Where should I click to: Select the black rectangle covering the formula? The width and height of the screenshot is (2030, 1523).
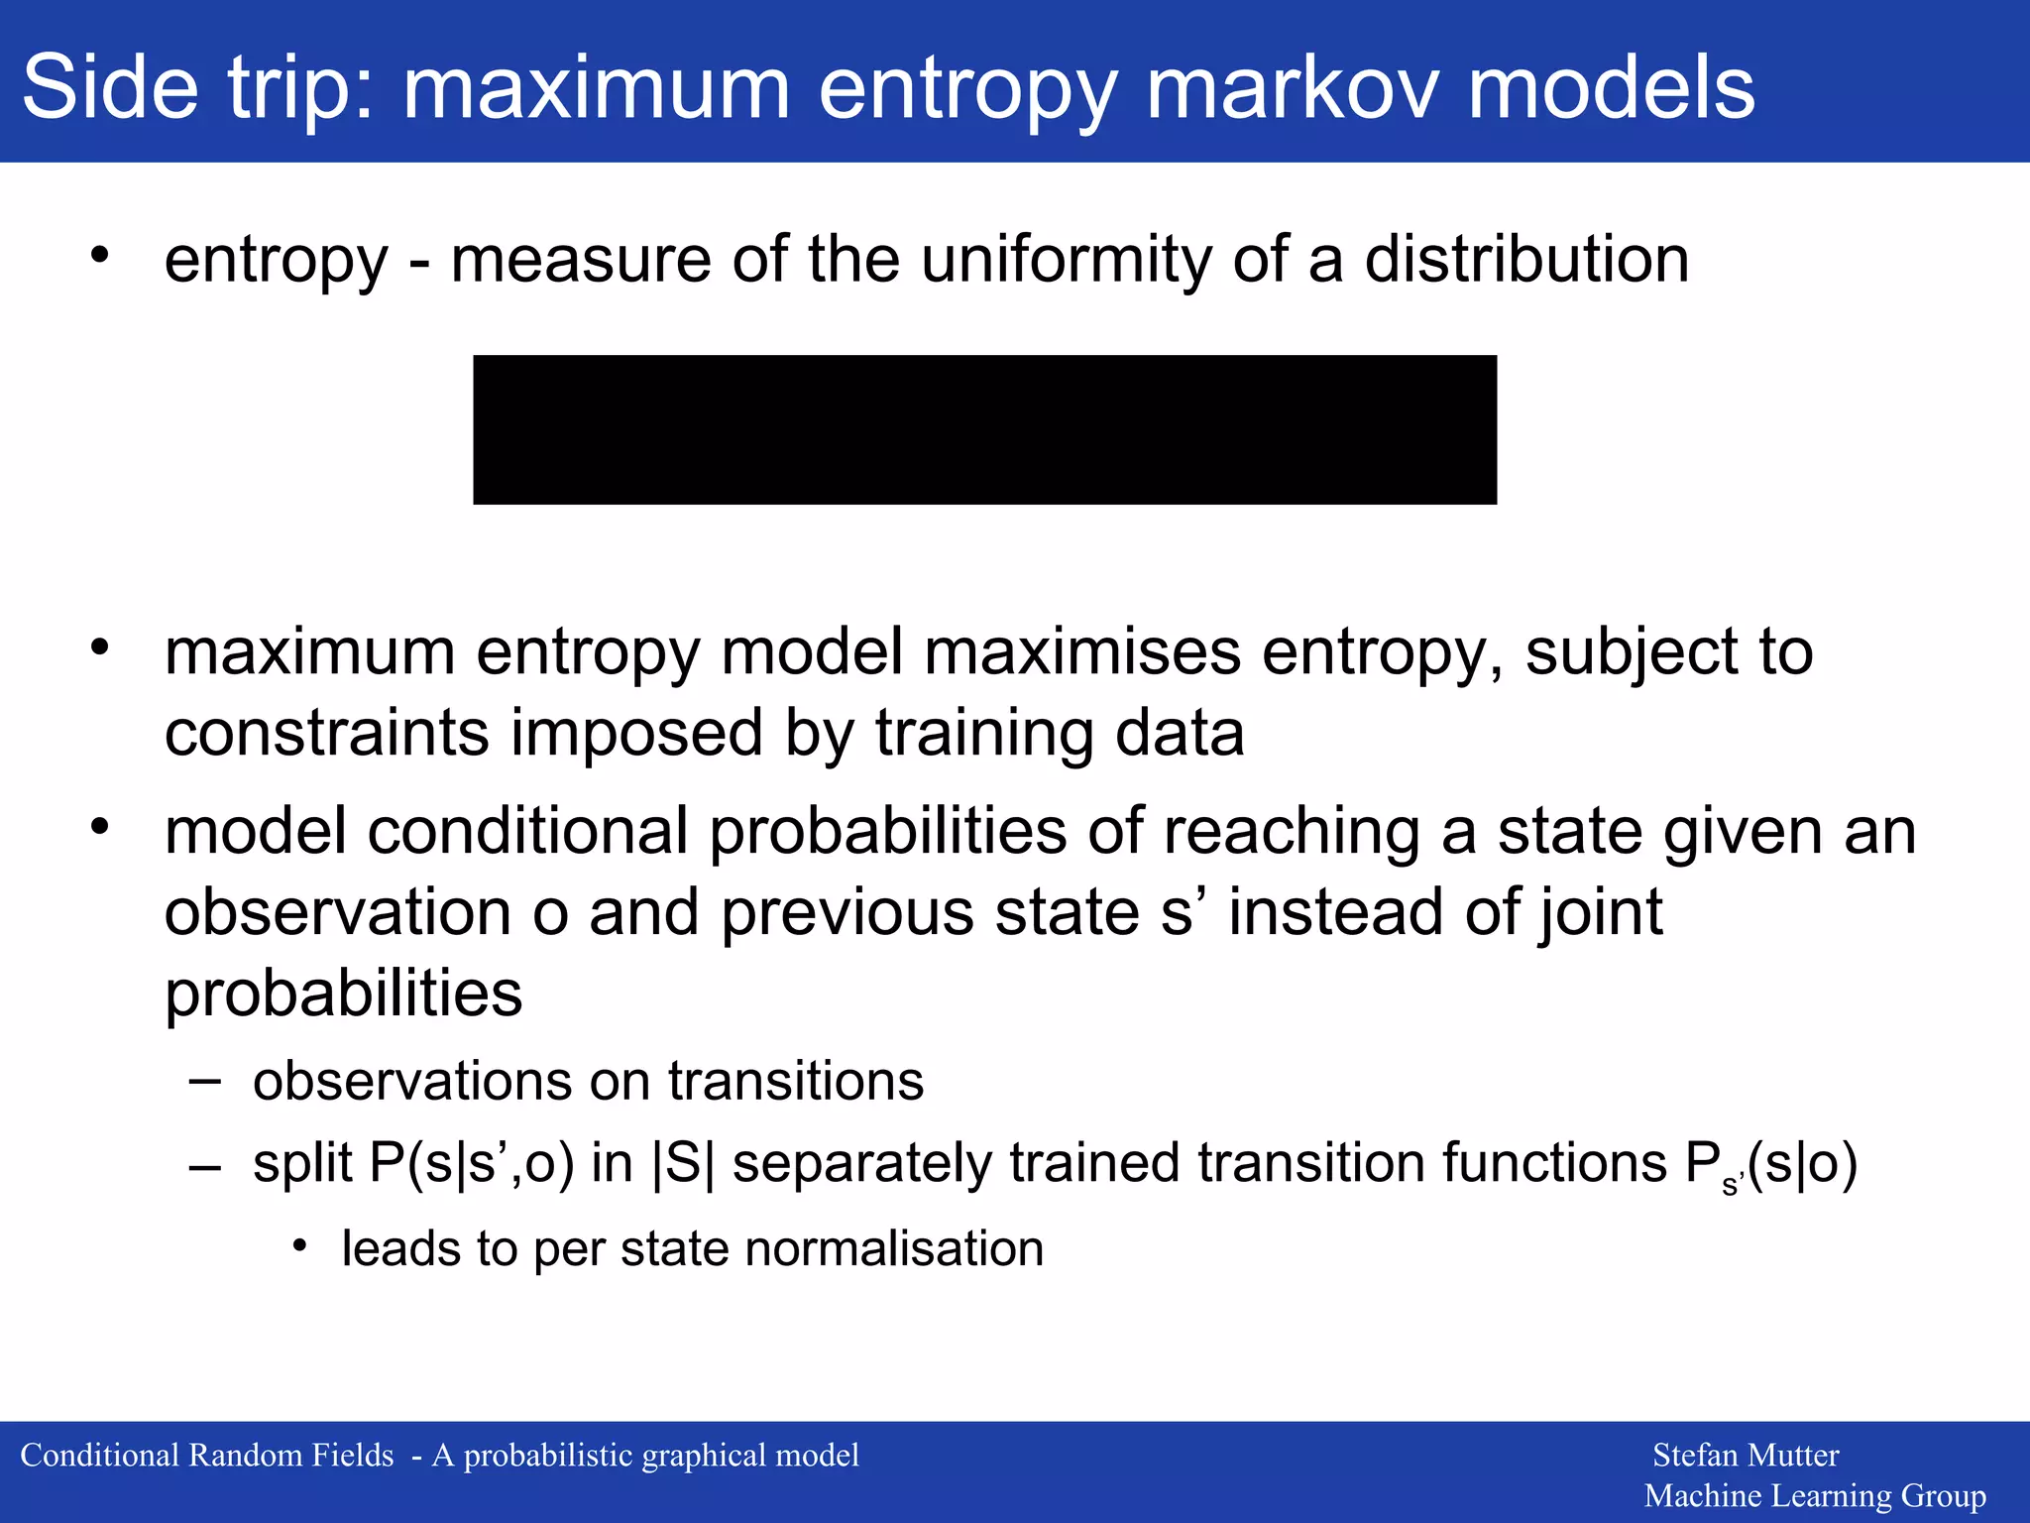984,429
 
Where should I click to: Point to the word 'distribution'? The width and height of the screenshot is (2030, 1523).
1526,260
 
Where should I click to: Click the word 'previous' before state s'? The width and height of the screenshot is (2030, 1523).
846,912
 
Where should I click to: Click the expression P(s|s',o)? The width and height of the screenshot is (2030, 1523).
472,1163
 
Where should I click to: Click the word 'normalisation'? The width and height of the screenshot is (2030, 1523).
894,1248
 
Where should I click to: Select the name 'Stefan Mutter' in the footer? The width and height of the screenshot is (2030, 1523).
1746,1455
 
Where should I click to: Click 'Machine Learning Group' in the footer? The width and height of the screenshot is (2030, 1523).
1815,1495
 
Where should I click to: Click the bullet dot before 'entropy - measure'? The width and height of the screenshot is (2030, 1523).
99,256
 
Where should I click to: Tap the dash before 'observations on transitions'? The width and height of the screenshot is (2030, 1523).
204,1081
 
